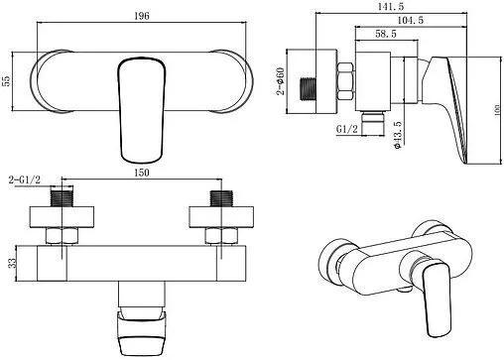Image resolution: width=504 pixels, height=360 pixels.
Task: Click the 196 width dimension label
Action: [x=142, y=16]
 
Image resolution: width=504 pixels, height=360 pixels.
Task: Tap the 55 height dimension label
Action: [x=6, y=80]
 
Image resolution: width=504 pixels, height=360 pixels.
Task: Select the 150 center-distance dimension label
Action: [x=142, y=173]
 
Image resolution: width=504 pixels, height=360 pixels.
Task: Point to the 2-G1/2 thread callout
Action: [x=25, y=180]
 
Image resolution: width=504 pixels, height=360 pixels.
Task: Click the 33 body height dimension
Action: [x=12, y=263]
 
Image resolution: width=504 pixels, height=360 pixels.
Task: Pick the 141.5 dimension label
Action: [x=391, y=6]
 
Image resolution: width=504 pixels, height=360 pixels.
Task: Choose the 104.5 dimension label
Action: [x=410, y=20]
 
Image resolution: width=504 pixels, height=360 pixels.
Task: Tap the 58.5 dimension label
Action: [x=386, y=34]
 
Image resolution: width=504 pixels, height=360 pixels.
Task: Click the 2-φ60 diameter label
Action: [x=280, y=81]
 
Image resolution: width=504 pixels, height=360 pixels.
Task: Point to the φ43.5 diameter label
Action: [x=398, y=135]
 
